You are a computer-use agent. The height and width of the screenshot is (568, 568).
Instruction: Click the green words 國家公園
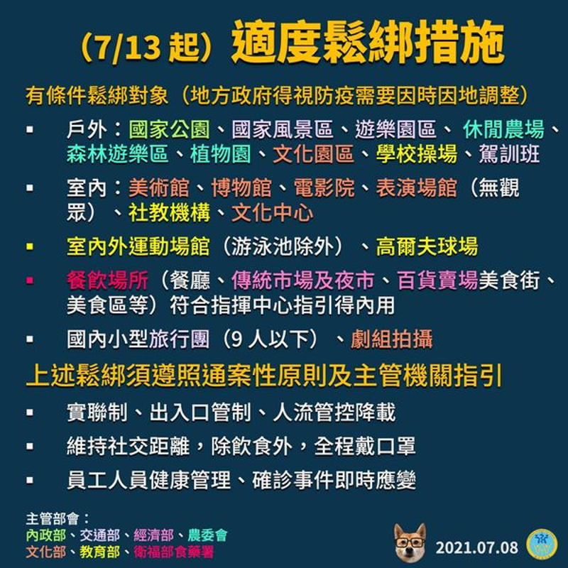pyautogui.click(x=170, y=130)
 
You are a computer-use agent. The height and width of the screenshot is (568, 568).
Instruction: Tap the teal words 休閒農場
pyautogui.click(x=503, y=130)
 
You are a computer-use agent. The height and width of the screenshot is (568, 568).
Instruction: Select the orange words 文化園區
pyautogui.click(x=313, y=154)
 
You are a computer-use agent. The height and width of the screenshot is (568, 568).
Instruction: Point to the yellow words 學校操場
pyautogui.click(x=416, y=154)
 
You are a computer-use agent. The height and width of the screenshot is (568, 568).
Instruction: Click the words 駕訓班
pyautogui.click(x=509, y=154)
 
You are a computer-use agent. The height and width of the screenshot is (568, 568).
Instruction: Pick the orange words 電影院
pyautogui.click(x=324, y=187)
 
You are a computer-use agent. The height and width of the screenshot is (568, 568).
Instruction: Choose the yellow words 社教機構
pyautogui.click(x=169, y=212)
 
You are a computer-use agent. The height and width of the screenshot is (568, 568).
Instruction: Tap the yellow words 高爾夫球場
pyautogui.click(x=427, y=246)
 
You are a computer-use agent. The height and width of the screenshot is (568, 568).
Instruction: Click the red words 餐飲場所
pyautogui.click(x=108, y=280)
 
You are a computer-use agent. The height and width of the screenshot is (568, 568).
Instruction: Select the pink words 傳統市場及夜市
pyautogui.click(x=303, y=280)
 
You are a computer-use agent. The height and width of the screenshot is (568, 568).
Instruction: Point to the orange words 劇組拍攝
pyautogui.click(x=392, y=339)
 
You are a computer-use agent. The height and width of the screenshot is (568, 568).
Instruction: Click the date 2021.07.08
pyautogui.click(x=476, y=547)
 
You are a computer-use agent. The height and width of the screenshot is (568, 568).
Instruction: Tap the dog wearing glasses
pyautogui.click(x=410, y=542)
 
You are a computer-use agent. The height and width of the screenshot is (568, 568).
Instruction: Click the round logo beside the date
pyautogui.click(x=542, y=544)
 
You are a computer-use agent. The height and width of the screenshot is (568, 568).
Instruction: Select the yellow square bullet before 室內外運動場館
pyautogui.click(x=30, y=246)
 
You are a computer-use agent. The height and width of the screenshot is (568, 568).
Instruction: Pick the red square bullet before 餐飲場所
pyautogui.click(x=30, y=280)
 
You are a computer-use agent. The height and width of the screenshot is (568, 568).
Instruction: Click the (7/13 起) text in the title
pyautogui.click(x=147, y=47)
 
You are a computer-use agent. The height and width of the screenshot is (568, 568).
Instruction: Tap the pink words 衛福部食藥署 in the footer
pyautogui.click(x=174, y=552)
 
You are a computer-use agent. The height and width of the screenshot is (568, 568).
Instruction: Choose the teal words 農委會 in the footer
pyautogui.click(x=207, y=535)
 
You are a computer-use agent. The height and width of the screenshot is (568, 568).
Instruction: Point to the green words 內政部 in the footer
pyautogui.click(x=46, y=535)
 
